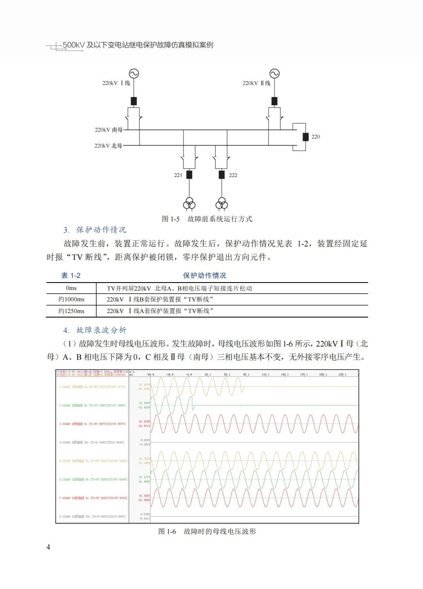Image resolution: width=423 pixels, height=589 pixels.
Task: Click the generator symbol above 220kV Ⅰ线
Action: [x=134, y=74]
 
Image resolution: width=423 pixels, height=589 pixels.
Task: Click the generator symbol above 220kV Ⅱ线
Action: [x=274, y=74]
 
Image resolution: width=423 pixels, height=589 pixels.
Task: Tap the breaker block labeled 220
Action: [x=305, y=137]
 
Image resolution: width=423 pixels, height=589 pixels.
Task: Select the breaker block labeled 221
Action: [x=189, y=175]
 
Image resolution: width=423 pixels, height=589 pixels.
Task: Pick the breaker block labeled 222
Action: [x=222, y=175]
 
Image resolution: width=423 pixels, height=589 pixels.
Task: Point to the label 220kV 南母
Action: [x=108, y=130]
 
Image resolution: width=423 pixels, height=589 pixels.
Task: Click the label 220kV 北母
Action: [x=108, y=146]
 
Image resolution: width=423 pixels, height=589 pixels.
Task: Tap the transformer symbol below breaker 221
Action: [x=189, y=204]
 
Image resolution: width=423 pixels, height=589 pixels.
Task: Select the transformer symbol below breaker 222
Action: [x=222, y=204]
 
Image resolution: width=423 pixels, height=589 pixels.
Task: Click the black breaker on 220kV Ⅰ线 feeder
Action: [x=134, y=101]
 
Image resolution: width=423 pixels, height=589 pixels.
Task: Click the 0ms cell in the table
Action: [x=71, y=288]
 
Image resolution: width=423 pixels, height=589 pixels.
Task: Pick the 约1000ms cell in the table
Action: [x=71, y=299]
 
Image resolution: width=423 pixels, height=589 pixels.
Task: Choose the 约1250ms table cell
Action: [x=71, y=311]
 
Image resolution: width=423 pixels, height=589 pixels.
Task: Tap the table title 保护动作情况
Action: [x=204, y=276]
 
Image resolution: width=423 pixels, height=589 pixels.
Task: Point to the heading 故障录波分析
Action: [x=101, y=330]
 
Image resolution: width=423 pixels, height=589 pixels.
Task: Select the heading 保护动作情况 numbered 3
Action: [x=101, y=230]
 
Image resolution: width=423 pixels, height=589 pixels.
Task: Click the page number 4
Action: [x=48, y=547]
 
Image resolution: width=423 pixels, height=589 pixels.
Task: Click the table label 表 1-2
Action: [x=71, y=276]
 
